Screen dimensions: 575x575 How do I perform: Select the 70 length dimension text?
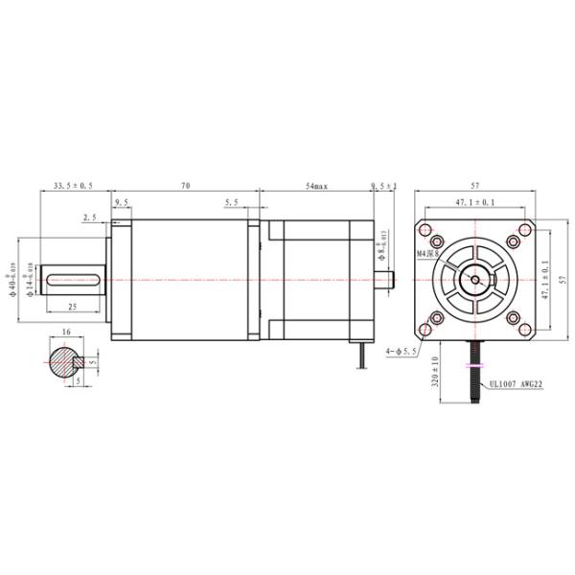coord(186,185)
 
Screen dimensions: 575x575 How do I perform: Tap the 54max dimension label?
coord(316,185)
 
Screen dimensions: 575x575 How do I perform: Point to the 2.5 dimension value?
coord(89,218)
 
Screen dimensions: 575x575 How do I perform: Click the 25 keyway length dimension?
coord(73,307)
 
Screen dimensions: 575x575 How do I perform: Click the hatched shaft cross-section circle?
coord(64,362)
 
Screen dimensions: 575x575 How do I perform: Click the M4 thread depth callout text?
coord(427,254)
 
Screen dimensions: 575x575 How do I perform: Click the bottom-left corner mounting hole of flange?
coord(436,318)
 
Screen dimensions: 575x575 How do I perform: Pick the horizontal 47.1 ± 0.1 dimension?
coord(475,202)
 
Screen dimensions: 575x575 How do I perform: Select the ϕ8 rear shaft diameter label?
coord(382,247)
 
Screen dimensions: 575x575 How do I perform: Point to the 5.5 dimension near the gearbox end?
coord(232,202)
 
